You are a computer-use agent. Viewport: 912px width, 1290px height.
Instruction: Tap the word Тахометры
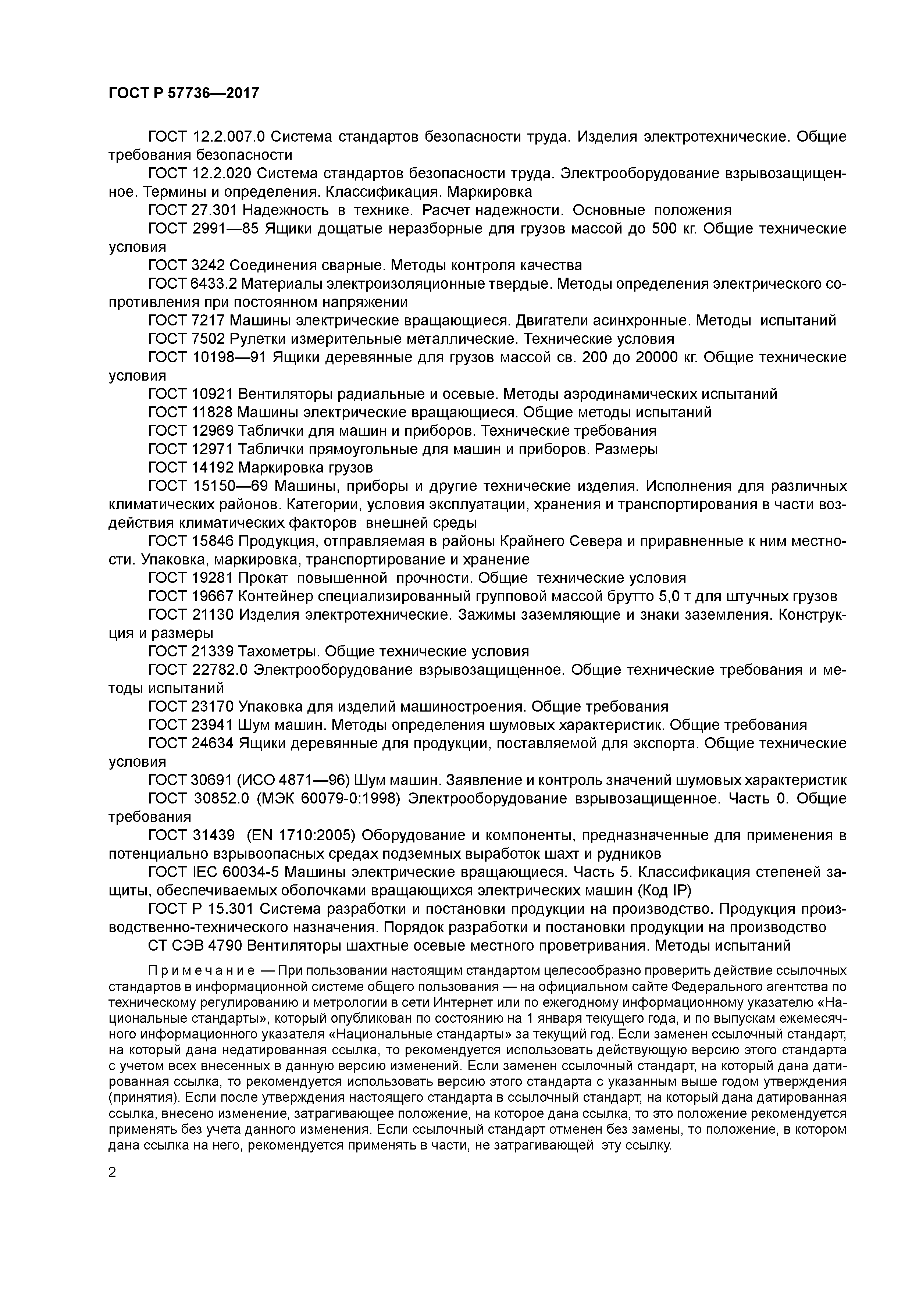tap(279, 651)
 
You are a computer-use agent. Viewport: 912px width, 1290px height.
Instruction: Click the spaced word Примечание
tap(201, 971)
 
